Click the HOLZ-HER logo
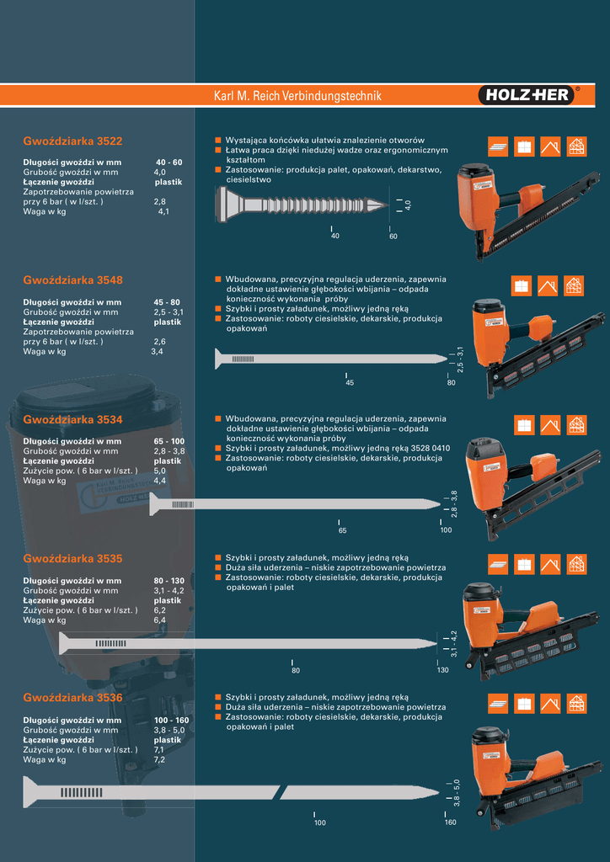tap(527, 96)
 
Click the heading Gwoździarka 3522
tap(72, 141)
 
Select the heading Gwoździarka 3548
tap(72, 280)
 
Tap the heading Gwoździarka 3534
tap(72, 420)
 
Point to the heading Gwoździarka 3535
tap(72, 559)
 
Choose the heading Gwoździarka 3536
tap(72, 698)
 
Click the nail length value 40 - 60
tap(169, 162)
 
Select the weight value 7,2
tap(159, 760)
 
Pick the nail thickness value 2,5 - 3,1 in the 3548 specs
tap(169, 312)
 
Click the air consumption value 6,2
tap(159, 611)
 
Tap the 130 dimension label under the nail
tap(443, 670)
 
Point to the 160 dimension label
tap(450, 822)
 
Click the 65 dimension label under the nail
tap(342, 530)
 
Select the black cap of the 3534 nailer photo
tap(484, 448)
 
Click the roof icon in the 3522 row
tap(550, 146)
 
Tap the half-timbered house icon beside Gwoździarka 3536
tap(577, 703)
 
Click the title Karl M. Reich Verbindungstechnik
tap(297, 96)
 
